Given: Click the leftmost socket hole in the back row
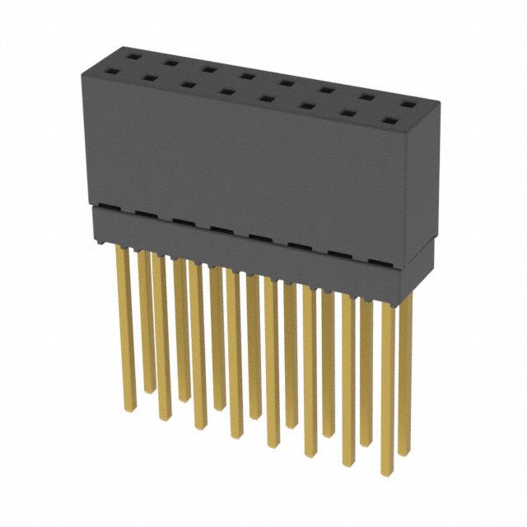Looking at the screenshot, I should tap(133, 57).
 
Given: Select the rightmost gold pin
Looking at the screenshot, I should tap(405, 371).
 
